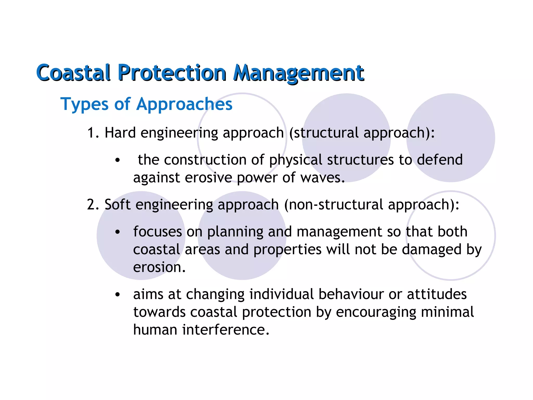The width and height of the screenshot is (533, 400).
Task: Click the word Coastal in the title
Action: (x=73, y=73)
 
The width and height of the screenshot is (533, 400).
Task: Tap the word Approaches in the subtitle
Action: (x=184, y=104)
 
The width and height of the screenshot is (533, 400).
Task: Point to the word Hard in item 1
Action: (x=120, y=133)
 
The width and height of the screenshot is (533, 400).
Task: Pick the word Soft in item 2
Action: (x=117, y=205)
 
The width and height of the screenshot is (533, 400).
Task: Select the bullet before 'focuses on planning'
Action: (x=118, y=232)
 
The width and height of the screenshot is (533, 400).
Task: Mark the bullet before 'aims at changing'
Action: (x=118, y=295)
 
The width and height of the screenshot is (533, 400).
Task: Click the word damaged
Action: (x=432, y=250)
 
